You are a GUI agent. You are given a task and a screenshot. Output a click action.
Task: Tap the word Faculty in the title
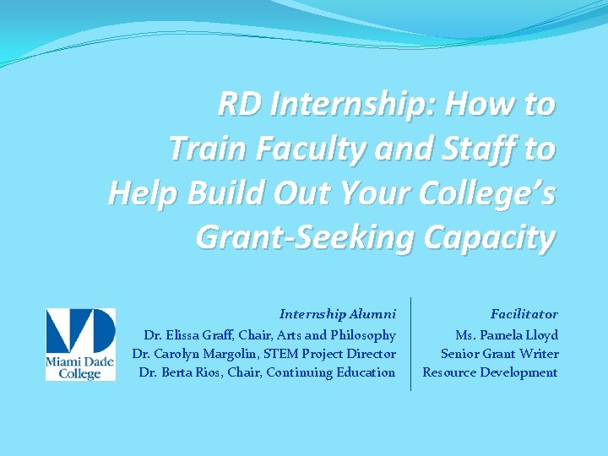(x=295, y=149)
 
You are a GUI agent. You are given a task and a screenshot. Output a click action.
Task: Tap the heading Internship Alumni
(x=338, y=314)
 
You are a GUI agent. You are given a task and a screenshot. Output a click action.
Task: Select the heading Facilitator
(x=524, y=314)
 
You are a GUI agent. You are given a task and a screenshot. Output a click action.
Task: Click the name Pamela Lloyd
(x=518, y=335)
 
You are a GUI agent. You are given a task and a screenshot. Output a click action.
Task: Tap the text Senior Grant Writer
(x=499, y=354)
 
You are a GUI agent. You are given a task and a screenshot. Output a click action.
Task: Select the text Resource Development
(x=490, y=372)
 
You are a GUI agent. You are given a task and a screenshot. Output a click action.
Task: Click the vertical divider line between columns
(x=410, y=344)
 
